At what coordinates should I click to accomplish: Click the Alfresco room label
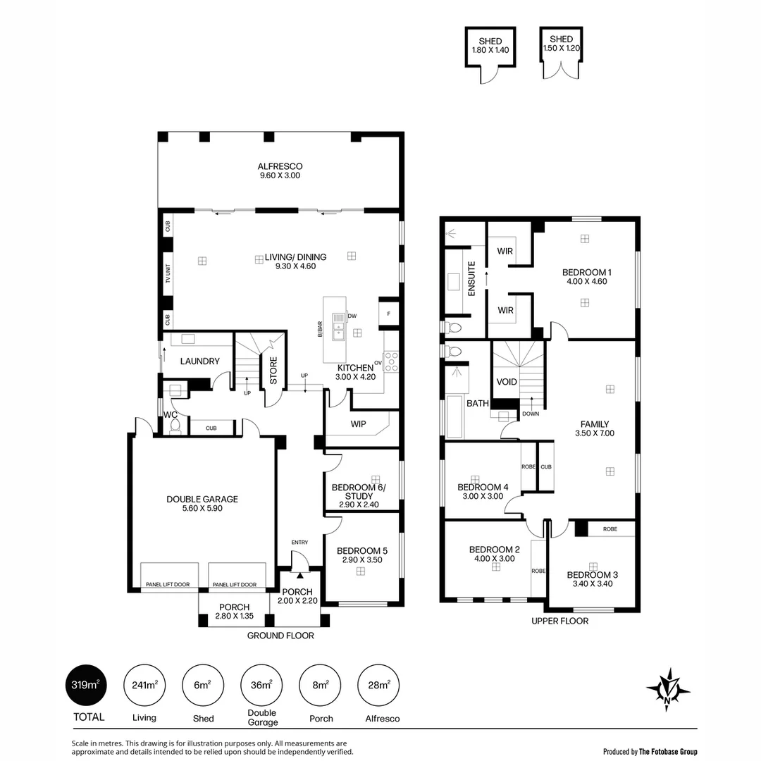tap(280, 166)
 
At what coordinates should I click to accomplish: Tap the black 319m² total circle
tap(86, 686)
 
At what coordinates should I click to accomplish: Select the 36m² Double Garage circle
tap(262, 686)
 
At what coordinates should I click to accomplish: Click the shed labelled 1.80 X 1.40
tap(490, 46)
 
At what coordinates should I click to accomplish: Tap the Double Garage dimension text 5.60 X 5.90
tap(202, 508)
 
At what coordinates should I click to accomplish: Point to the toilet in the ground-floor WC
tap(175, 426)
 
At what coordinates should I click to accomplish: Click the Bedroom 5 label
tap(361, 551)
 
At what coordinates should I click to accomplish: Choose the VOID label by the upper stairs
tap(507, 382)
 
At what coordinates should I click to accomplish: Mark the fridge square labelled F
tap(388, 314)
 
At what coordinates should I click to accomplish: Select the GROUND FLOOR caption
tap(280, 636)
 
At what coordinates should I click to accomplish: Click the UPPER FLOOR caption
tap(559, 621)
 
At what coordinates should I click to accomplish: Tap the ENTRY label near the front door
tap(299, 542)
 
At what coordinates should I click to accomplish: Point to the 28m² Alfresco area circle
tap(383, 686)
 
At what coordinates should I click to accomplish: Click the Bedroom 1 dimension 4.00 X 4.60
tap(586, 281)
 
